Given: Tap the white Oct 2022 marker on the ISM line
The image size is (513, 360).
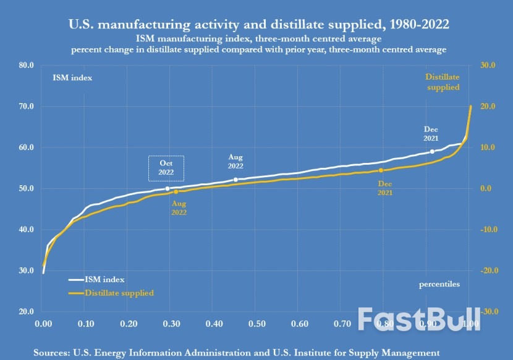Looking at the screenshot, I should point(167,188).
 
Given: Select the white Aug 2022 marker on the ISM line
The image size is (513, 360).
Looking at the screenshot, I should point(236,180).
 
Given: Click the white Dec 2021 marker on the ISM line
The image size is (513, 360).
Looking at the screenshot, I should point(432,151).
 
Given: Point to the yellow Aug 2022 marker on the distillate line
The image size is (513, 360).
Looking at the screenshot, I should point(176,192).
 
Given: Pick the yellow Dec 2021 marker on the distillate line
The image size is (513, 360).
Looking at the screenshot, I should point(381,170).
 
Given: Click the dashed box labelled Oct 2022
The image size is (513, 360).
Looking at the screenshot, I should point(166,167).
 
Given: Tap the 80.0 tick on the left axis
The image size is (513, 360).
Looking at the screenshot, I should point(25,65).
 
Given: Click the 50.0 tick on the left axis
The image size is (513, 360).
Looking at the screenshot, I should point(25,188).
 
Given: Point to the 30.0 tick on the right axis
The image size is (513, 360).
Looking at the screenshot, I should point(489,65).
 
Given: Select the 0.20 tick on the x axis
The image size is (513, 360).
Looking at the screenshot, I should point(129,324).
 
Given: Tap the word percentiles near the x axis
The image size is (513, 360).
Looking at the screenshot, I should point(439,284).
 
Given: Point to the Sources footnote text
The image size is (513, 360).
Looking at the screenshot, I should point(237,352).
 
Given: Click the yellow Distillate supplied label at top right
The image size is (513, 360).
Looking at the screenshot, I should point(443,82).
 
